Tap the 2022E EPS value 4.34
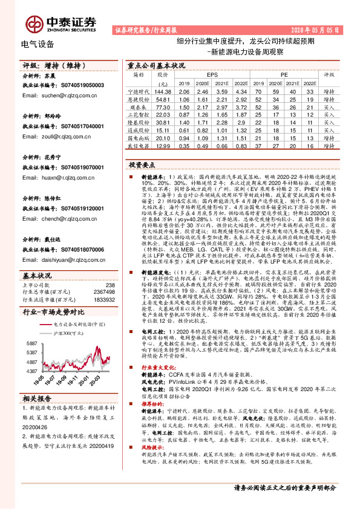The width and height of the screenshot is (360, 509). (x=240, y=90)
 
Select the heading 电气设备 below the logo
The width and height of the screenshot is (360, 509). (x=38, y=44)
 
